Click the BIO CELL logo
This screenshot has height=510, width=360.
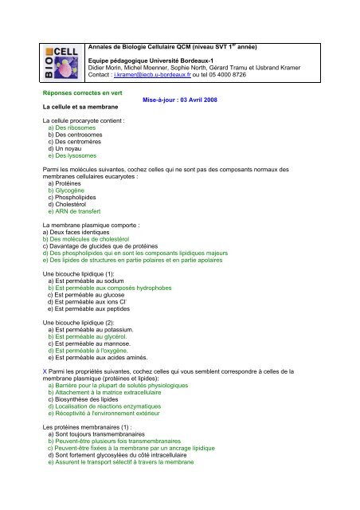pos(65,61)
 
